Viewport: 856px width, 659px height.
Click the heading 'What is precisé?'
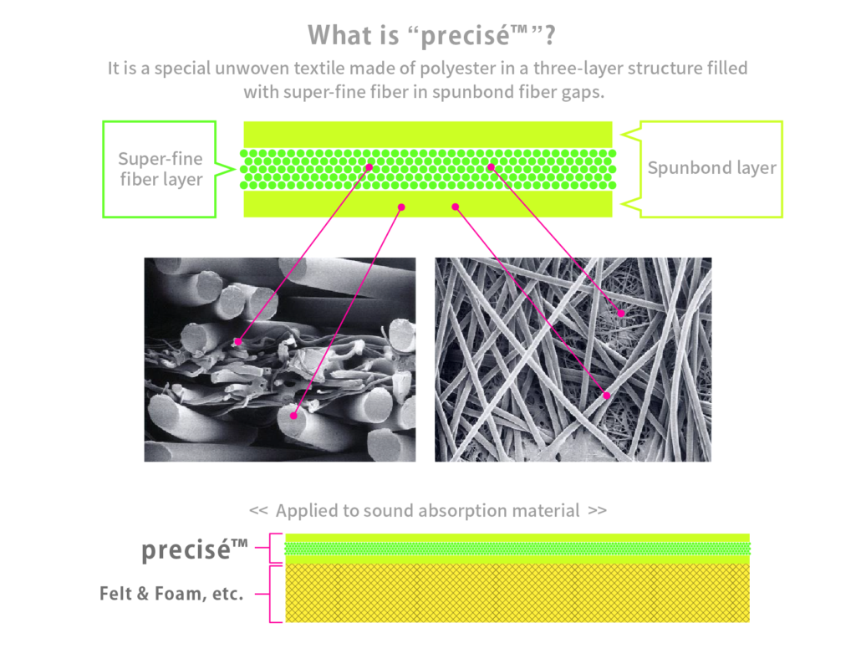[x=431, y=35]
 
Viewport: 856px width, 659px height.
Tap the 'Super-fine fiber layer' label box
[x=160, y=169]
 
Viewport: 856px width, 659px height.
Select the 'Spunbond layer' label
[x=711, y=167]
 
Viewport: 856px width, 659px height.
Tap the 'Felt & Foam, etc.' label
[x=171, y=594]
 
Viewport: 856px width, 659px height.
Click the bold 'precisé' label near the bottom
[x=194, y=549]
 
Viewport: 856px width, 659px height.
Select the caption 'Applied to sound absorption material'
[x=427, y=510]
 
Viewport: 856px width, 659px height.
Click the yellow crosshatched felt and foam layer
[x=517, y=593]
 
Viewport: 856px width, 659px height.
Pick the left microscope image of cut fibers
[x=279, y=360]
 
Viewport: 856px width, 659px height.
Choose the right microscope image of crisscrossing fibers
[x=573, y=360]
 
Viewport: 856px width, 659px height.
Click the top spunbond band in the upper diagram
[x=428, y=135]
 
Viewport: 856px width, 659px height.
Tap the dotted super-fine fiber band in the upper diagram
[x=428, y=169]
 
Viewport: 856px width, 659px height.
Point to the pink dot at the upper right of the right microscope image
[x=621, y=314]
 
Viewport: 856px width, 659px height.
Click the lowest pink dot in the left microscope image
[x=293, y=416]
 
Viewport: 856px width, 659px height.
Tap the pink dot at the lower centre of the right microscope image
[x=607, y=396]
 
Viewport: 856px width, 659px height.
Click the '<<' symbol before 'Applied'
[x=258, y=510]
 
